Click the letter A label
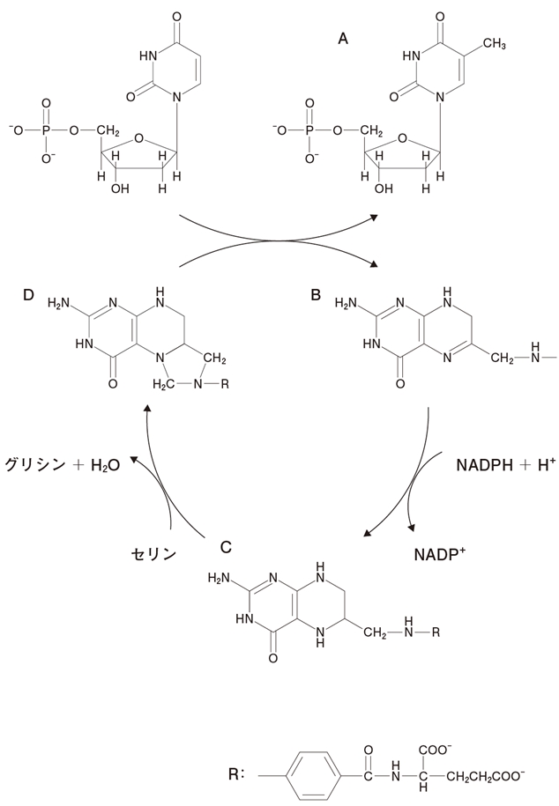click(345, 39)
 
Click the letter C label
click(226, 546)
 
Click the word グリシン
click(42, 463)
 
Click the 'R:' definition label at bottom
click(236, 776)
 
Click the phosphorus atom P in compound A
click(309, 131)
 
